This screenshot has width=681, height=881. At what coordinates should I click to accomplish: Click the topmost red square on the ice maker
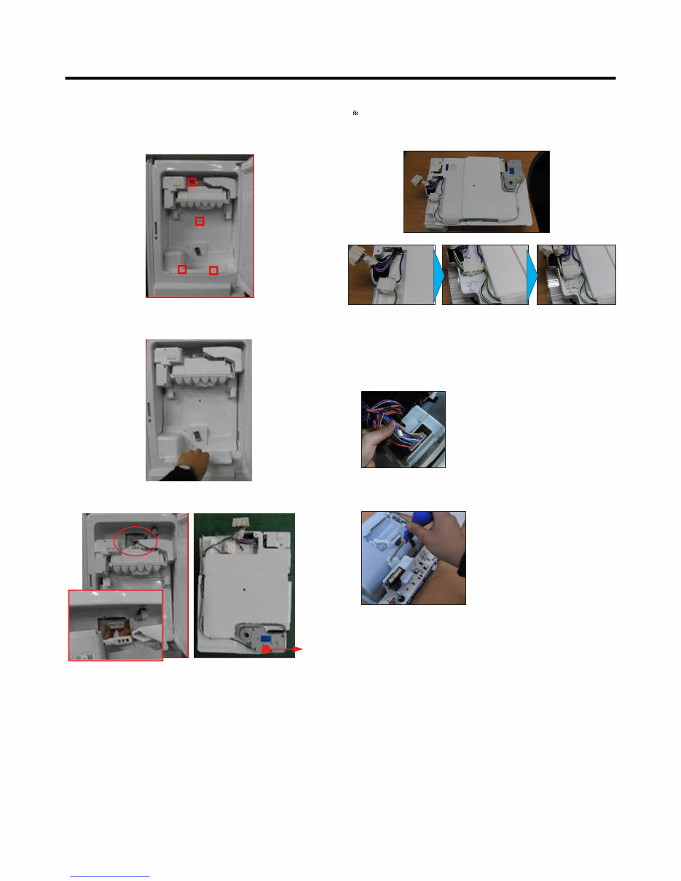pos(192,181)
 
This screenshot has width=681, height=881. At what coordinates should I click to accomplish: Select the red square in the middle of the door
pos(200,221)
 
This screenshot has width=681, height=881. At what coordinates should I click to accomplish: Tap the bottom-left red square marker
pos(182,269)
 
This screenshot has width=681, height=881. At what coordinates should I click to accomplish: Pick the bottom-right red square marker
pos(213,271)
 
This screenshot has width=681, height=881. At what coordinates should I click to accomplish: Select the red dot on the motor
pos(267,647)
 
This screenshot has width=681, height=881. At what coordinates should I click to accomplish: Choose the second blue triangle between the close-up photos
pos(532,275)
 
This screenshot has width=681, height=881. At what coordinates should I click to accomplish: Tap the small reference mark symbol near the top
pos(355,114)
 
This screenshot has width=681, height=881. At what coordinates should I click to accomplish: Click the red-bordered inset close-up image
pos(115,624)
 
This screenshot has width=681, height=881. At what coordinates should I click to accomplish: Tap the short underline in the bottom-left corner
pos(109,876)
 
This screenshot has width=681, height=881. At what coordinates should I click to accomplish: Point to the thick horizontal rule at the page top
pos(340,78)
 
